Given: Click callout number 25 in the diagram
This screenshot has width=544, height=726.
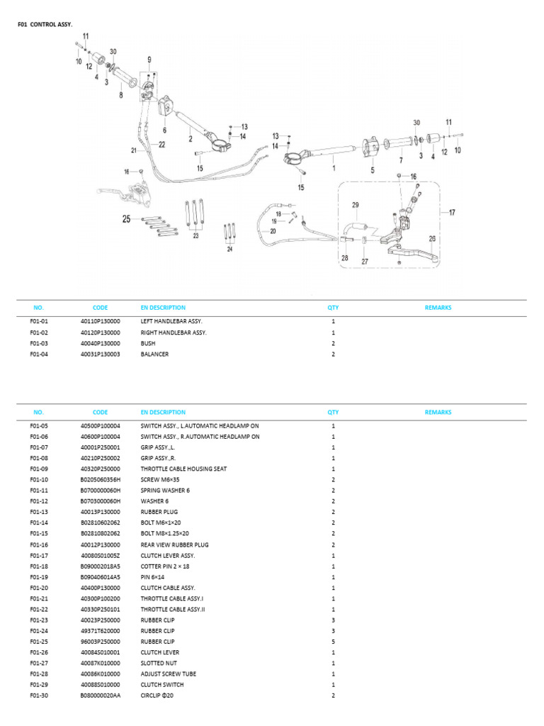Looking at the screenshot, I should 127,219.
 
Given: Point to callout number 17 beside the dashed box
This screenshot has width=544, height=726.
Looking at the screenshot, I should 452,211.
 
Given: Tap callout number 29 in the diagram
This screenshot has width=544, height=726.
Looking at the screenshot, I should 356,206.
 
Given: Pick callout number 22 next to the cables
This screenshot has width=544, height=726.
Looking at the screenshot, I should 161,145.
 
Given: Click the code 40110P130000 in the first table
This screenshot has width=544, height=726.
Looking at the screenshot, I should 100,321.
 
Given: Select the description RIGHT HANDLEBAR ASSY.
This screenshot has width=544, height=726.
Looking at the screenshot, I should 174,332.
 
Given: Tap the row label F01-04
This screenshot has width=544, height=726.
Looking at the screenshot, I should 39,354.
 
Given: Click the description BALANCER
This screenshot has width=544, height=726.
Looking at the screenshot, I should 154,354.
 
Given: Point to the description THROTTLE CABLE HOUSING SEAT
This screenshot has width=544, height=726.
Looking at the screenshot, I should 183,469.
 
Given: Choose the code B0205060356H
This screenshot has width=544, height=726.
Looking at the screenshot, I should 100,479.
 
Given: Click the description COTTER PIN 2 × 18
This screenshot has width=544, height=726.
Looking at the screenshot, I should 165,566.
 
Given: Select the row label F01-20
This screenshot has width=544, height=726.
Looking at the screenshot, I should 39,588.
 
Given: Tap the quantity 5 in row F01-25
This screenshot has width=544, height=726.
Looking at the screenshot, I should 333,642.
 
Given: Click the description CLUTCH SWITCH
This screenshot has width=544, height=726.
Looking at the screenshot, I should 161,685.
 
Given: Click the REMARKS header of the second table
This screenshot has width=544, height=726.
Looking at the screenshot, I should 438,412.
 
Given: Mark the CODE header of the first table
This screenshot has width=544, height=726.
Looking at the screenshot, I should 100,308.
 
